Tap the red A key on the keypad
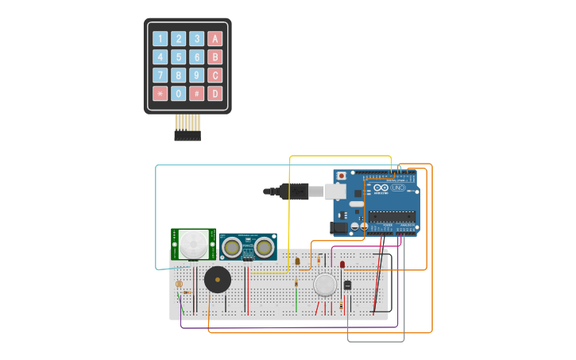point(215,39)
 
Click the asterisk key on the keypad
point(160,94)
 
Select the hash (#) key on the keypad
point(196,94)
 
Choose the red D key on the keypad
point(215,94)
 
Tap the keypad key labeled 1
point(160,39)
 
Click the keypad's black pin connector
point(187,136)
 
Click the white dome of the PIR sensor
point(193,243)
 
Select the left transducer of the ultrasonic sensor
point(232,247)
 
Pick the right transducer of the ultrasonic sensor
point(264,247)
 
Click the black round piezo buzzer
point(217,280)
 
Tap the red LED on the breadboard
point(342,264)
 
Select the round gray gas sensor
point(325,285)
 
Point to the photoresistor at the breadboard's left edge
point(179,284)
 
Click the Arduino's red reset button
point(342,176)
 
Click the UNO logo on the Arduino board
point(395,188)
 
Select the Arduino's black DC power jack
point(339,226)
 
